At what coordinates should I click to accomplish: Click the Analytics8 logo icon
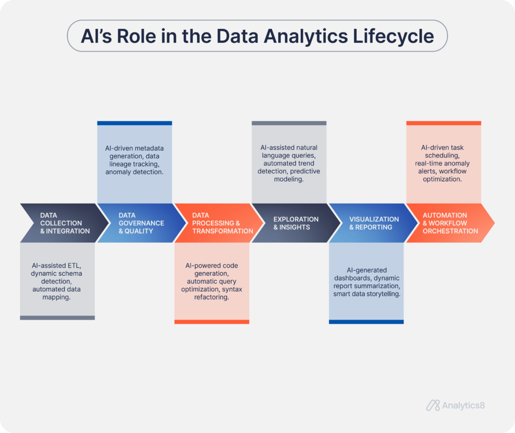tap(433, 405)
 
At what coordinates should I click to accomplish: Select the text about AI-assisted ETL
tap(57, 281)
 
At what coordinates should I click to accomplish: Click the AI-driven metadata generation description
tap(134, 160)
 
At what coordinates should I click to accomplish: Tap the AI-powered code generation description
tap(212, 281)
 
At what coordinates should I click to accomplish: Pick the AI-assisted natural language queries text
tap(289, 163)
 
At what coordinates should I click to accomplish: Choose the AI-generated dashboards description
tap(367, 281)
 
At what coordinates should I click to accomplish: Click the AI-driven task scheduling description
tap(443, 163)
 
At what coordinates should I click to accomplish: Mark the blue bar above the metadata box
tap(134, 123)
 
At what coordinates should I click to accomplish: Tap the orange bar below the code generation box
tap(212, 322)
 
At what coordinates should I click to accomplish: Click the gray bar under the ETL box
tap(57, 318)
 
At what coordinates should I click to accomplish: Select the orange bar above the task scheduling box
tap(443, 123)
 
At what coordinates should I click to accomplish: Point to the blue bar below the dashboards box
tap(366, 322)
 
